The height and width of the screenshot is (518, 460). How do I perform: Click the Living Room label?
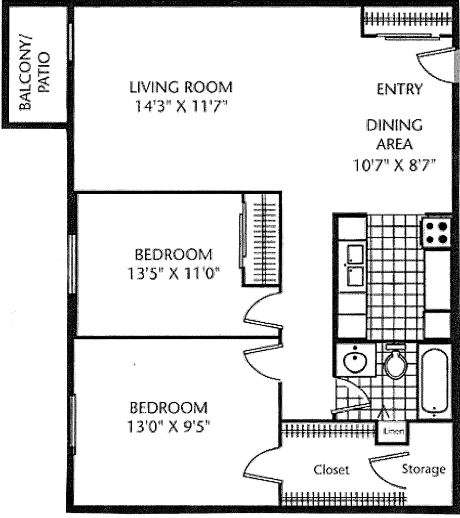tap(181, 87)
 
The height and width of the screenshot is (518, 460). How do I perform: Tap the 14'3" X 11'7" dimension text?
tap(181, 106)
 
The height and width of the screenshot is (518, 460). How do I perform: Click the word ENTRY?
tap(400, 89)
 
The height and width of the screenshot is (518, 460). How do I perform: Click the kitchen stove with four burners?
tap(437, 233)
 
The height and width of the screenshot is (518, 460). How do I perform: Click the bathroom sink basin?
tap(355, 360)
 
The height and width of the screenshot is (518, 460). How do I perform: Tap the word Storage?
tap(424, 469)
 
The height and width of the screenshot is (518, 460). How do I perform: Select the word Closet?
tap(331, 469)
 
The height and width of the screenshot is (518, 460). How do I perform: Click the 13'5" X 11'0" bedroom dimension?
tap(174, 274)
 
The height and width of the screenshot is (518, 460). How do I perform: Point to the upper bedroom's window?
tap(72, 264)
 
